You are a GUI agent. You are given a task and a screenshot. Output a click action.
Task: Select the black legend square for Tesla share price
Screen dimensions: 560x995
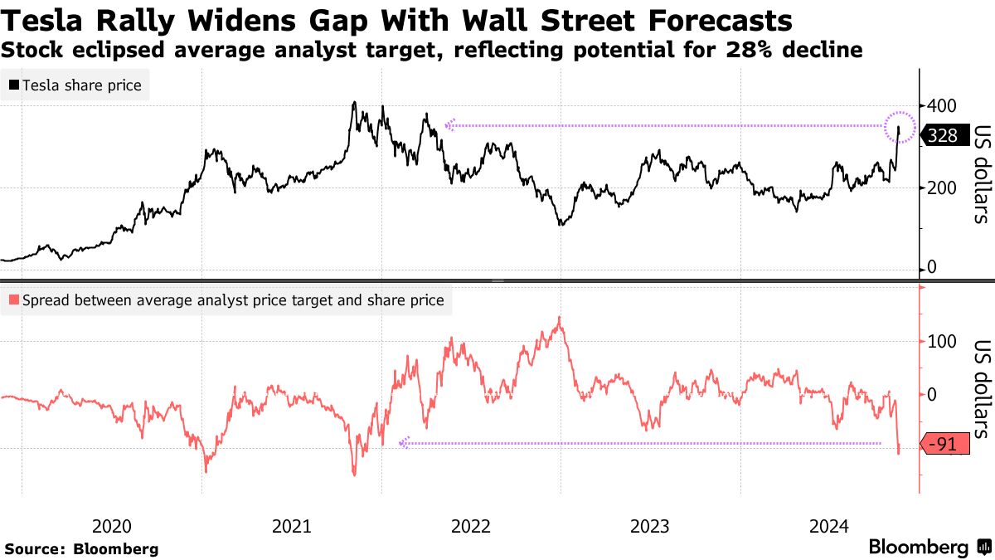[x=14, y=85]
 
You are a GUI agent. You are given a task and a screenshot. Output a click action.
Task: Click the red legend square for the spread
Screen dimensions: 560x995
[x=14, y=300]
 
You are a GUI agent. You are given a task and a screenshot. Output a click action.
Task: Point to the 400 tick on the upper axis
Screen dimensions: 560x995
[x=943, y=106]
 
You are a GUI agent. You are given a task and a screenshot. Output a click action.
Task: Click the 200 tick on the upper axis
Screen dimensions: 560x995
[x=943, y=187]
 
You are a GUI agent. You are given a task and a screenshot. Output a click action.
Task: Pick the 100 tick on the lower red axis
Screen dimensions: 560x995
[x=943, y=341]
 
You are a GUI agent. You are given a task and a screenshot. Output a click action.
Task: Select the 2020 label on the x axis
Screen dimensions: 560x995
[x=112, y=526]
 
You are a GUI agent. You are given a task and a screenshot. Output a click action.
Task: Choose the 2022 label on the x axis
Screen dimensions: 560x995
[x=471, y=526]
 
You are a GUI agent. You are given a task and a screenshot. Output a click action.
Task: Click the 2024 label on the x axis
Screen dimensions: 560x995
[x=829, y=526]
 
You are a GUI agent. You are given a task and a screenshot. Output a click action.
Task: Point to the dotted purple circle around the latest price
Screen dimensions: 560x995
[x=899, y=127]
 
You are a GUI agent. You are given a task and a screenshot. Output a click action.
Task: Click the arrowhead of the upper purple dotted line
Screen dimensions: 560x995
[x=450, y=125]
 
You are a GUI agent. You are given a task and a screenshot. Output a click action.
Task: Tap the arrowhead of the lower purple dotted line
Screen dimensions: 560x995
[x=404, y=444]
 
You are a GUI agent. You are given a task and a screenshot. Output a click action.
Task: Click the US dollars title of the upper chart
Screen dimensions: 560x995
[x=981, y=174]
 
